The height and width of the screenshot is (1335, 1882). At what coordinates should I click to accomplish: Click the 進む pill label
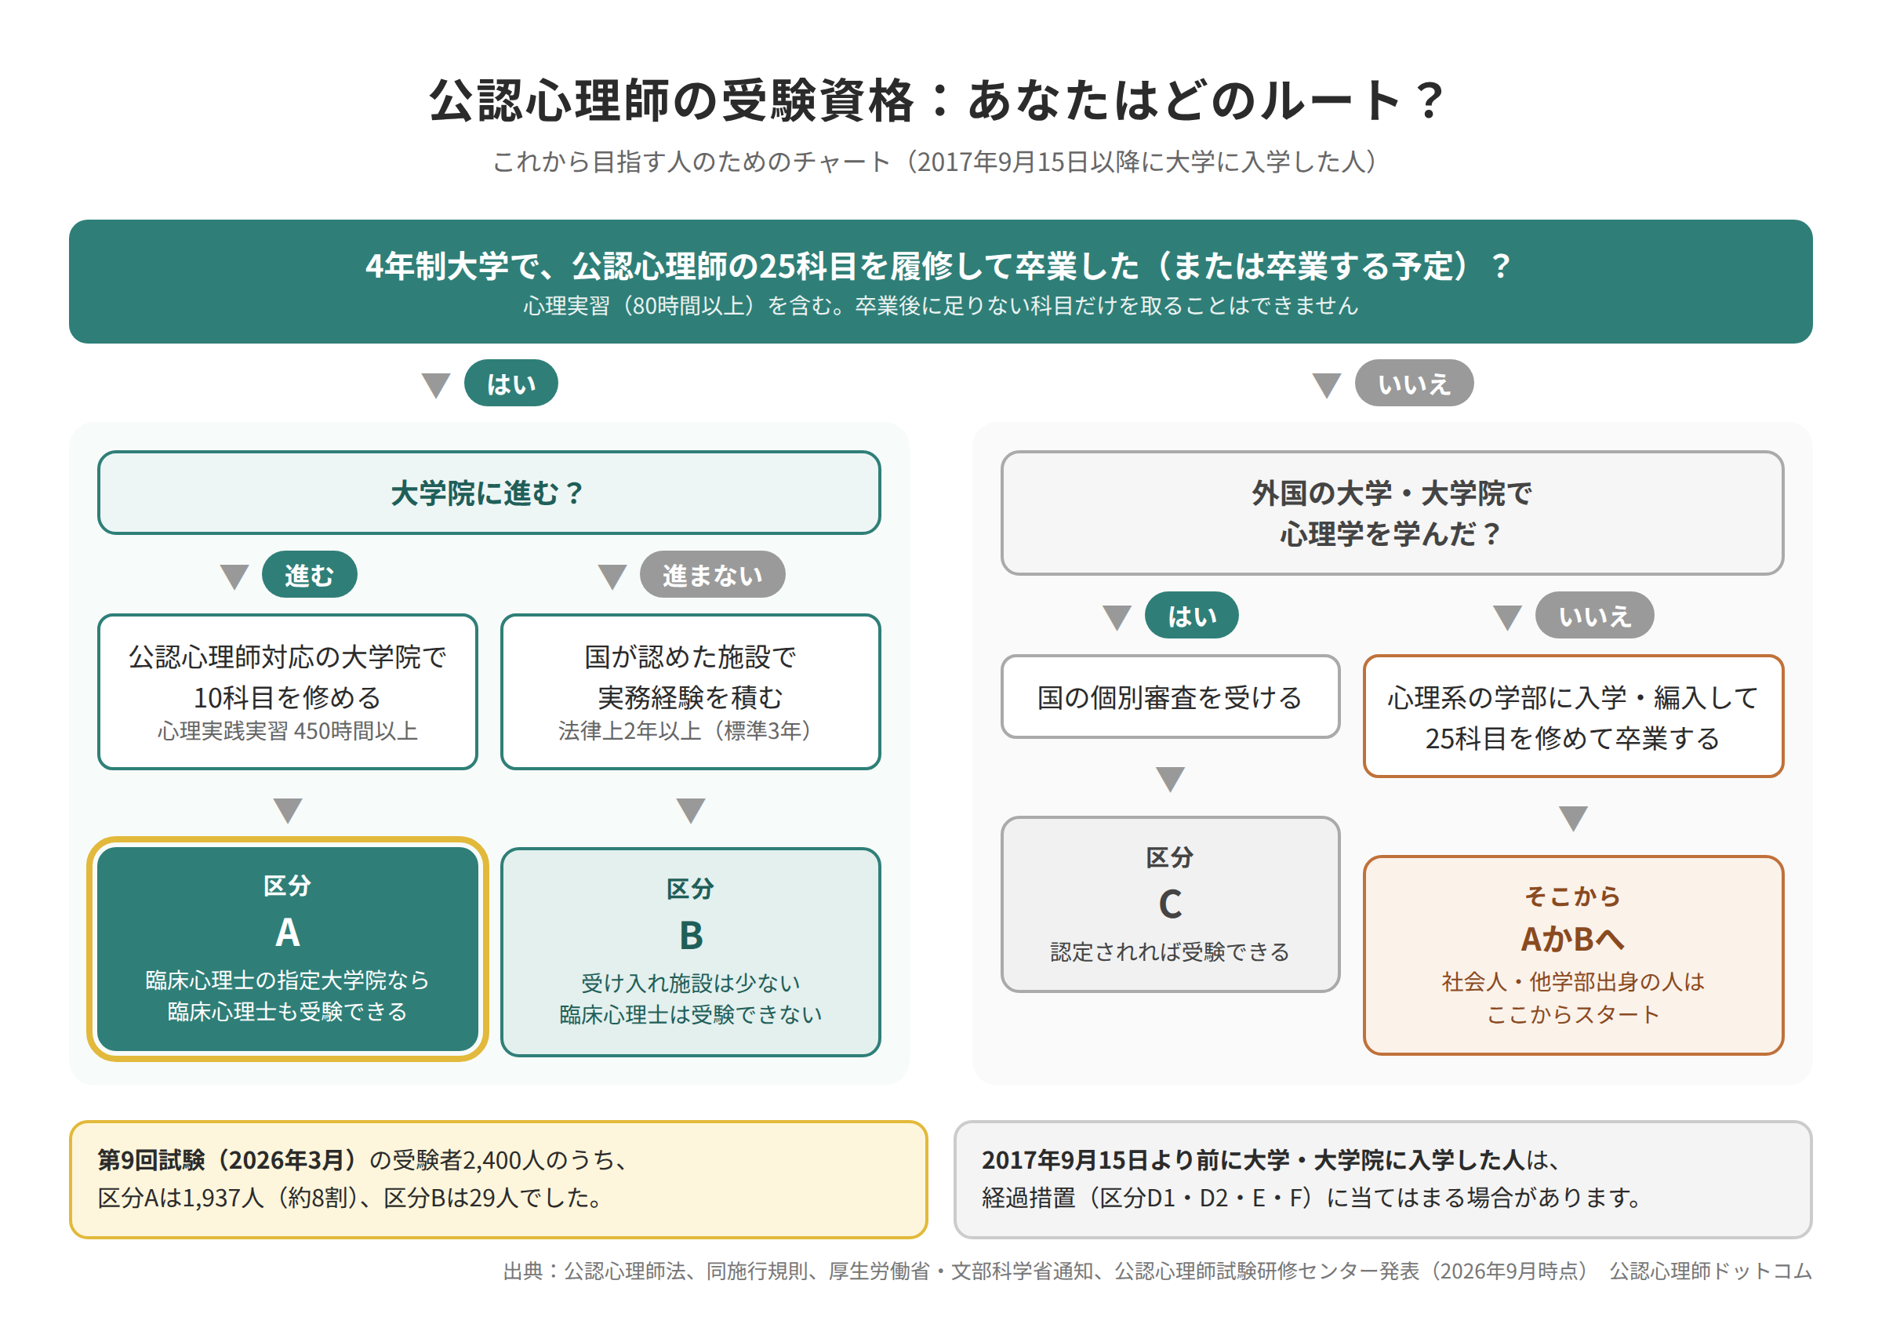(x=309, y=575)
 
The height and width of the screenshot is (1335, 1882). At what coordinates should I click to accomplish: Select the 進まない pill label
(x=712, y=575)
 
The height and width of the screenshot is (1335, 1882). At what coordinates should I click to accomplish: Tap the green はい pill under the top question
(x=510, y=383)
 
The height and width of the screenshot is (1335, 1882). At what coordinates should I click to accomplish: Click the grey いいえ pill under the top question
(x=1414, y=383)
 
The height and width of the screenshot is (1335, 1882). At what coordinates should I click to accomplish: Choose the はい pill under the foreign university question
(x=1192, y=616)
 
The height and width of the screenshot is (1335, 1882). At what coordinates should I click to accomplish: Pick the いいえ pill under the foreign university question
(x=1594, y=616)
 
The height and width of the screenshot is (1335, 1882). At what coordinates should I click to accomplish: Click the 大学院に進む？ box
(x=489, y=493)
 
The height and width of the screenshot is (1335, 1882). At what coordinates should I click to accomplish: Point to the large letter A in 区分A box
(x=288, y=933)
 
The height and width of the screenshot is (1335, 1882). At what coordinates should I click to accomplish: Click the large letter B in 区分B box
(x=691, y=937)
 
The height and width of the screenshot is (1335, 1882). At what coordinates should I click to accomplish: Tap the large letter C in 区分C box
(x=1170, y=905)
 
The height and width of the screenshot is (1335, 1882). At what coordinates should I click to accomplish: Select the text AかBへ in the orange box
(x=1573, y=939)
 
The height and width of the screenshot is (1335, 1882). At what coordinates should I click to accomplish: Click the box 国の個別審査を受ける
(x=1170, y=697)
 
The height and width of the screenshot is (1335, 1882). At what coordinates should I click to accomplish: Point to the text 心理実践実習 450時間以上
(x=288, y=731)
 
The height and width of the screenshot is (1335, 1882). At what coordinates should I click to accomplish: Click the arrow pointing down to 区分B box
(x=691, y=810)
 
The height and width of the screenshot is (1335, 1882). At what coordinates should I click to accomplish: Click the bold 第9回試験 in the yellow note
(x=151, y=1160)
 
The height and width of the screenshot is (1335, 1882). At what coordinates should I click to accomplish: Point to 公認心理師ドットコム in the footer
(x=1711, y=1271)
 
